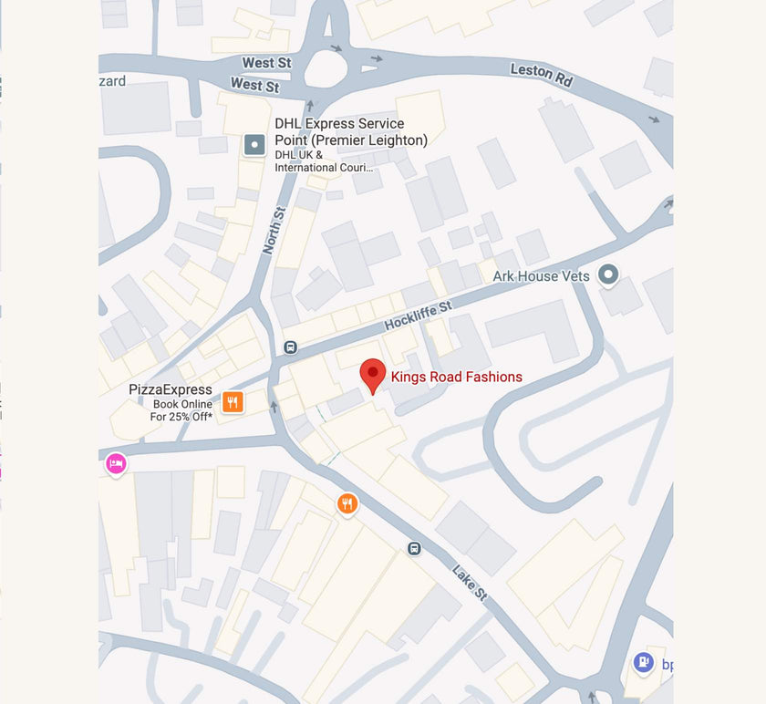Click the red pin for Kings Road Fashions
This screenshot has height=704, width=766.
372,374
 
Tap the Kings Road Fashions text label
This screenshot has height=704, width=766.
457,377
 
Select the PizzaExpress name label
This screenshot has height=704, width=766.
171,389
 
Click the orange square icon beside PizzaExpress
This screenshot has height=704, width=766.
233,402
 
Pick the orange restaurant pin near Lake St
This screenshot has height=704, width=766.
347,502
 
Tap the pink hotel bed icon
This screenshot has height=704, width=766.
116,464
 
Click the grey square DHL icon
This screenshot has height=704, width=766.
254,144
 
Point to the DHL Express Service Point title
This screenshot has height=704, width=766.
351,131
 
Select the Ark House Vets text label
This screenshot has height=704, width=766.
541,275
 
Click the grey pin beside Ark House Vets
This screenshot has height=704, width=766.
608,274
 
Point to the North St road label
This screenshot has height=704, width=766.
274,230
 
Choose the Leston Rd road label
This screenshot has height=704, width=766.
541,75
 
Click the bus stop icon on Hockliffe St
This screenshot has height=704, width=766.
290,347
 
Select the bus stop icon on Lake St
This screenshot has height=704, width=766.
414,548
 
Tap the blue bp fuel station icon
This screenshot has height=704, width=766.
644,661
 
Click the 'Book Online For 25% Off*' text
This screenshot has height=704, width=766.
182,410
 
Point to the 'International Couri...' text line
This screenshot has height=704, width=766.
324,167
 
